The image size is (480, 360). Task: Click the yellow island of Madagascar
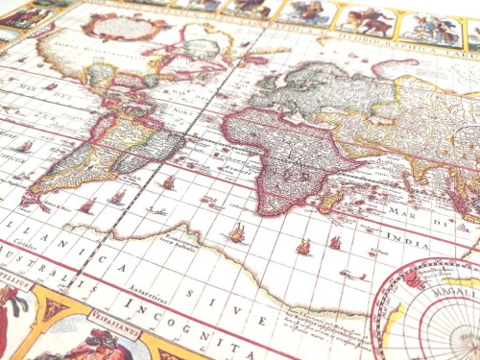(331, 201)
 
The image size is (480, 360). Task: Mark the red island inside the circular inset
(414, 279)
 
